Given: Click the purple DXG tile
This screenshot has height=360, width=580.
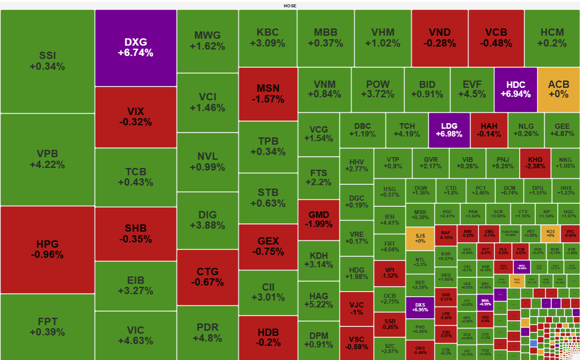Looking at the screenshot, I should [136, 48].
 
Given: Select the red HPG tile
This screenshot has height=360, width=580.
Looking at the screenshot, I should [47, 249].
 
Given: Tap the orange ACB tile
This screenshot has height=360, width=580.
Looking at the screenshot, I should [558, 89].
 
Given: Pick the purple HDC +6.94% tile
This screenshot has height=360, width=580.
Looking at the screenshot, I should [515, 89].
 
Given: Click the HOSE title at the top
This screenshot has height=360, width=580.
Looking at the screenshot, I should [290, 6].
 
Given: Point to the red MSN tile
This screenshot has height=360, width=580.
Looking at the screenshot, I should [268, 93].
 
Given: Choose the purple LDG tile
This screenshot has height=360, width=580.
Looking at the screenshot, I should [449, 130].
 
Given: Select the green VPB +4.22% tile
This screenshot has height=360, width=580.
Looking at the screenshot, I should [47, 159].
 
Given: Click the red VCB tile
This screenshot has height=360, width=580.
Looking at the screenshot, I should [496, 38].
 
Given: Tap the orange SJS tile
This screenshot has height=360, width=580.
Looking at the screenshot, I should [420, 239].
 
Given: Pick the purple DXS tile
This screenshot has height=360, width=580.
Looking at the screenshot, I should [420, 307].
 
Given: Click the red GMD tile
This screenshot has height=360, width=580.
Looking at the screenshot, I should [319, 220].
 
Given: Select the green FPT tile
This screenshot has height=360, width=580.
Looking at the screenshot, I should [47, 327].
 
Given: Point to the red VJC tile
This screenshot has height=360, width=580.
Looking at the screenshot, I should [357, 309].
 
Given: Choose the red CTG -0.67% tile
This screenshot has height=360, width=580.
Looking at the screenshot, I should [208, 277].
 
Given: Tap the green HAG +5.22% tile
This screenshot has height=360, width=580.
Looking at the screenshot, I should [319, 301].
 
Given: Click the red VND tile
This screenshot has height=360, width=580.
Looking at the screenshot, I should [440, 38].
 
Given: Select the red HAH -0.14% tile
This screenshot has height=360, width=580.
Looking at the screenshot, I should [489, 130].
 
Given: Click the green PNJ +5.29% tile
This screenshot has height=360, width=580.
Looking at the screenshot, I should [502, 163].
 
